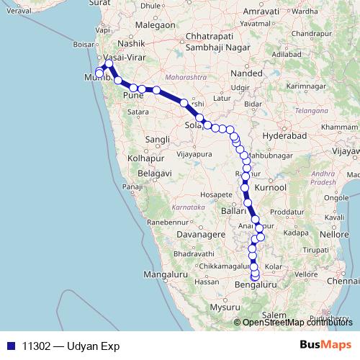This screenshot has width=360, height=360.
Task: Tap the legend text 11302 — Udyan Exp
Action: (x=71, y=346)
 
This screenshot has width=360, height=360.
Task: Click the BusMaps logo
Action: (x=325, y=345)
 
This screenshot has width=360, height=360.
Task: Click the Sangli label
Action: (x=157, y=139)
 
